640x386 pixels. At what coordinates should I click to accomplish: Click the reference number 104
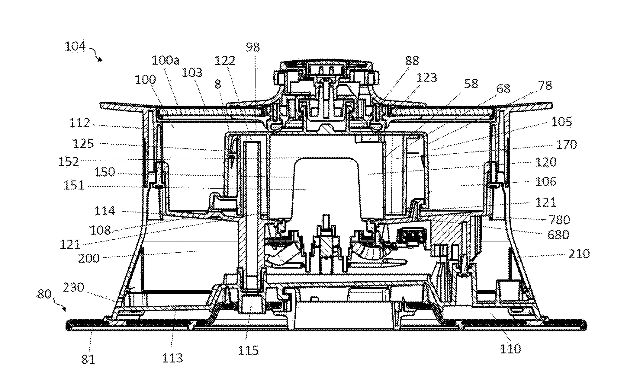[x=75, y=46]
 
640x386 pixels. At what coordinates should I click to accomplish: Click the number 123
[x=426, y=78]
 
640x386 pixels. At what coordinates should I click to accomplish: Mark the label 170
[x=566, y=144]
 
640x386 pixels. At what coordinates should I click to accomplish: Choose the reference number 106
[x=545, y=181]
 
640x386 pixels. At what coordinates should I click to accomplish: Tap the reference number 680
[x=558, y=234]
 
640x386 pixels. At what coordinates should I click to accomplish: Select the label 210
[x=579, y=254]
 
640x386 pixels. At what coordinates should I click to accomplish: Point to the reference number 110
[x=510, y=349]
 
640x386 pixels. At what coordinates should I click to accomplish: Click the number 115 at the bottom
[x=248, y=350]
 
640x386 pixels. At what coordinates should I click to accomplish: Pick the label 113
[x=172, y=358]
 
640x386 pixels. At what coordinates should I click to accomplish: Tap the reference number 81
[x=88, y=359]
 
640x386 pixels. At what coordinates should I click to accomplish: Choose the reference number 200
[x=89, y=258]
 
